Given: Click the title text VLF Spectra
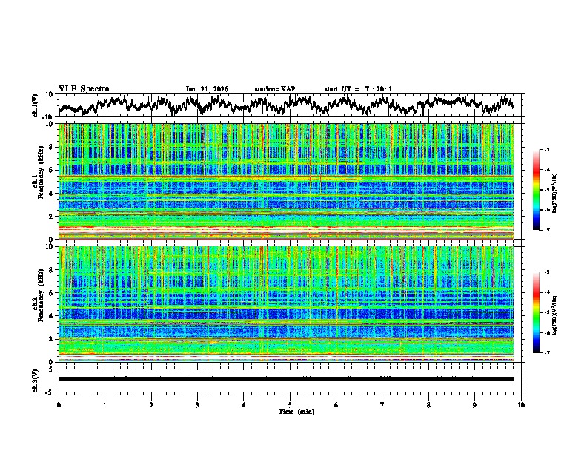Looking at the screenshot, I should pos(84,88).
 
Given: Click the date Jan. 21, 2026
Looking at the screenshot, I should pos(207,89).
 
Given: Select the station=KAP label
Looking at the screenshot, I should pos(274,89).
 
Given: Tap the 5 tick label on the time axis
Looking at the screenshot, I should pos(290,405).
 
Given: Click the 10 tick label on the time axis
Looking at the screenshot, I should pos(521,405).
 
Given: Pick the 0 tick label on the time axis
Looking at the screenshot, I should pos(59,405).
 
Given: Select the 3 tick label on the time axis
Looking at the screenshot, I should pos(197,405).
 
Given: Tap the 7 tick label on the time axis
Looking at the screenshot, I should pos(382,405).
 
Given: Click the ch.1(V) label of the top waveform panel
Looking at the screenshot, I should pos(35,105).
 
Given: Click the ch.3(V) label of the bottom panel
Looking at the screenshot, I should pos(35,379).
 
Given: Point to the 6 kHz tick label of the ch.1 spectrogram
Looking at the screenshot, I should pos(51,170).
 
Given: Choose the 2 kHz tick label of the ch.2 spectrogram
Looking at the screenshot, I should pos(51,339).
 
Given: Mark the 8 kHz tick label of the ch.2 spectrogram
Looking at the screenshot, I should pos(51,270).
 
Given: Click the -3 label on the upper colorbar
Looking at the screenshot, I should pos(547,150).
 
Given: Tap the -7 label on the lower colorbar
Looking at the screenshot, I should pos(547,353).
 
